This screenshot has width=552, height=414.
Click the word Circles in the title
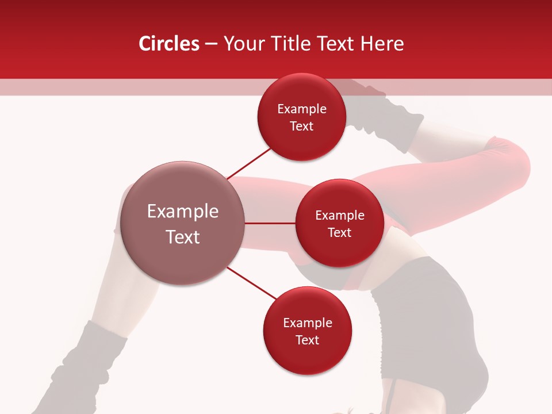pos(168,44)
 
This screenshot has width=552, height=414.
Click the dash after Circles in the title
pos(211,44)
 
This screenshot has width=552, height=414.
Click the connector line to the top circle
pos(250,163)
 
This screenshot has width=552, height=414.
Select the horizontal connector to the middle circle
pos(270,223)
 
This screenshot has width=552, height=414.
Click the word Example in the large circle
pos(183,212)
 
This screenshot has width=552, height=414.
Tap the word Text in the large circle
pos(183,236)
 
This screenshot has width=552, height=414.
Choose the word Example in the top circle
pos(301,109)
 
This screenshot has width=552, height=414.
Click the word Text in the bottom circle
pos(307,340)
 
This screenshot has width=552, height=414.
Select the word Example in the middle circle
pos(339,216)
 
